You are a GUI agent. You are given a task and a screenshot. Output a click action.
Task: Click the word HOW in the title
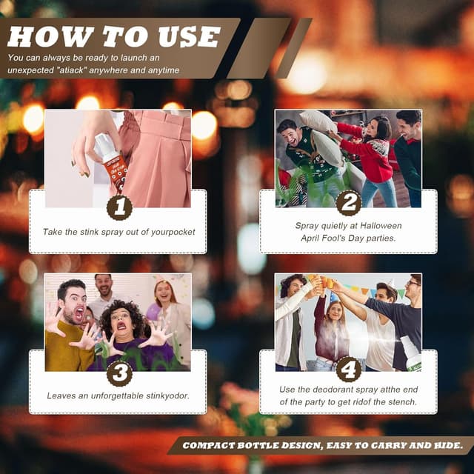pos(50,36)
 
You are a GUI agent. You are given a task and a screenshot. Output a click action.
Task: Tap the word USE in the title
pos(190,36)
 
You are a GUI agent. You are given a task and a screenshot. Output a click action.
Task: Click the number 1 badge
pos(119,207)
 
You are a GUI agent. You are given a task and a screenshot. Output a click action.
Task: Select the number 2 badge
pos(349,203)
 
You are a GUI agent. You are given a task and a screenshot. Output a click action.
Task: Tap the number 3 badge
pos(119,373)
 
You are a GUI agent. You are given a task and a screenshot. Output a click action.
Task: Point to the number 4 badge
pos(349,369)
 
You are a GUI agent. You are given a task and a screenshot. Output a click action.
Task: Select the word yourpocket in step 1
pos(173,232)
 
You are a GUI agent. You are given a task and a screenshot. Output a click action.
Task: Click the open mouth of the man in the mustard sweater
pos(79,313)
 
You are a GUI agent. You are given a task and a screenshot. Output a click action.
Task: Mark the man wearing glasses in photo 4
pos(399,318)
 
